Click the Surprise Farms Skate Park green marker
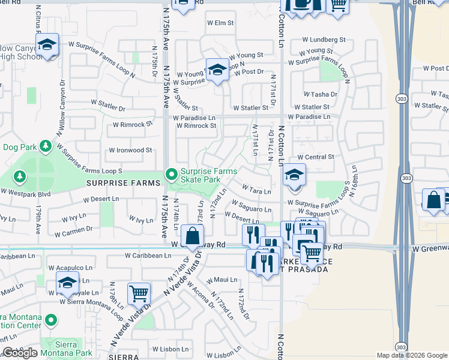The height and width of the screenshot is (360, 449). coord(172,175)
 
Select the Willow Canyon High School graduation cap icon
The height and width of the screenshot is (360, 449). coord(46,45)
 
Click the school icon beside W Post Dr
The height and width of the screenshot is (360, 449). coord(217,69)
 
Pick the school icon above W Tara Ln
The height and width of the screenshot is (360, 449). coord(294,175)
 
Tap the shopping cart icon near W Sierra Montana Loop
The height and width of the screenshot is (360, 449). coord(139,294)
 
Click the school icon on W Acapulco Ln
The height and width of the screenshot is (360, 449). coord(67,282)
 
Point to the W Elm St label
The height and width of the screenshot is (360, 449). coord(220,23)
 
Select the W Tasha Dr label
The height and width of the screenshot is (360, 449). coord(320,95)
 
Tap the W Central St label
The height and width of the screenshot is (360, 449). coord(315,157)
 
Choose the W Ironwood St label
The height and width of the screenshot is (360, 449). coord(130,150)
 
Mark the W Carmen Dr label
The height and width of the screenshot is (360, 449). coord(73,229)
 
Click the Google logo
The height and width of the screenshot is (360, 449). coord(20,353)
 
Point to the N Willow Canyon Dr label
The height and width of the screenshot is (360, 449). coord(62,104)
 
